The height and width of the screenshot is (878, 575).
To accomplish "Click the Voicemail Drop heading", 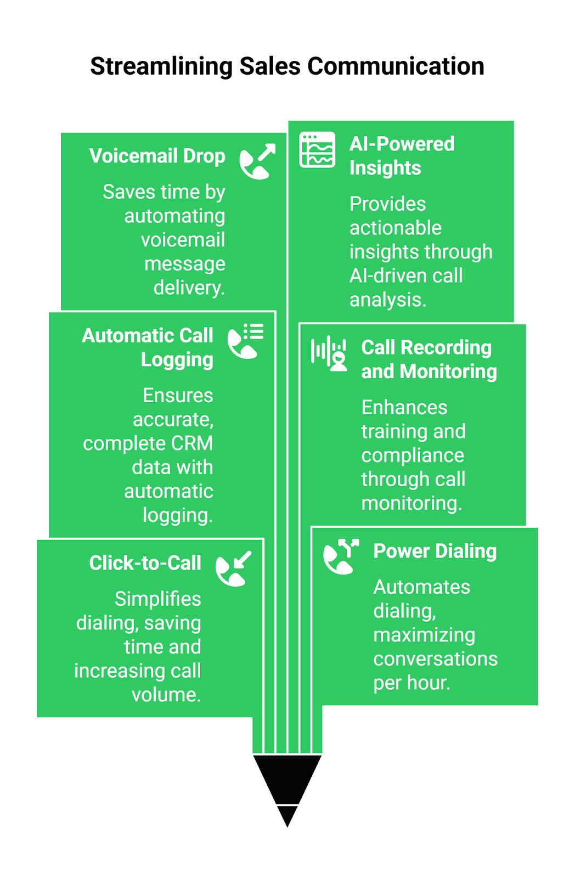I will click(x=157, y=156).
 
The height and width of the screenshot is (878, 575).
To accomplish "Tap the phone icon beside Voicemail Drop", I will click(x=257, y=161).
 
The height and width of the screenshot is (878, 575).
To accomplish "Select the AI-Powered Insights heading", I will click(x=402, y=156).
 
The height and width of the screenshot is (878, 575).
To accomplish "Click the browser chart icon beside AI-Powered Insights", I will click(x=317, y=149).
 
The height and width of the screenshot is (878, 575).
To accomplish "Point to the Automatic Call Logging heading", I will click(x=148, y=347).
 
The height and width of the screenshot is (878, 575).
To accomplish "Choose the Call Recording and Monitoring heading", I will click(x=429, y=359).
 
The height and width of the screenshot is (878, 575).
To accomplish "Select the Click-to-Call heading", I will click(x=145, y=563).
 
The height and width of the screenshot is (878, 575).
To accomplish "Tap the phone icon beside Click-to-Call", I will click(x=233, y=569).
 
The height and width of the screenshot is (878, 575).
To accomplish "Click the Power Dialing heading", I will click(x=435, y=551).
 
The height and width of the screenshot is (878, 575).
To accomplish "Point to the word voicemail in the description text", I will click(x=183, y=240).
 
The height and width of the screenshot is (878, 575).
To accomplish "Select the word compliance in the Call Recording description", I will click(x=413, y=455).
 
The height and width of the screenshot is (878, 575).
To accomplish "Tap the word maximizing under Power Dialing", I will click(x=424, y=635).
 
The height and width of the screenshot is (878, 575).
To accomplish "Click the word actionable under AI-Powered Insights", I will click(x=395, y=228).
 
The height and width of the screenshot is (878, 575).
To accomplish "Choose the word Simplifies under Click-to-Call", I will click(x=157, y=599).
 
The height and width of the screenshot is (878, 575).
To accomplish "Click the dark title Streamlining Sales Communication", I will click(x=287, y=66).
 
